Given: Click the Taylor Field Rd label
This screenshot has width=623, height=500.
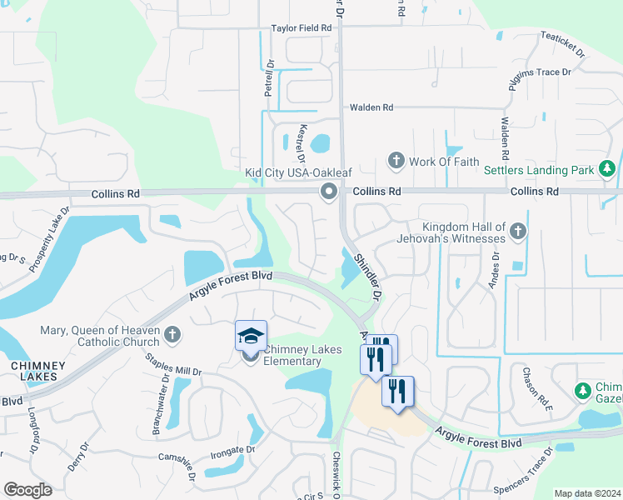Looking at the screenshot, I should click(x=301, y=27).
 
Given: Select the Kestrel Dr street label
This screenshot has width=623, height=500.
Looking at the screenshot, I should click(x=302, y=142).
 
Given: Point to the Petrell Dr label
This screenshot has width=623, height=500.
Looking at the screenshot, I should click(x=269, y=79).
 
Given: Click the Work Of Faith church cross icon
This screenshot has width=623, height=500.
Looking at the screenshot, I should click(x=396, y=159).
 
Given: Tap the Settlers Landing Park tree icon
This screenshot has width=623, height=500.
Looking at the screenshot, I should click(x=609, y=170).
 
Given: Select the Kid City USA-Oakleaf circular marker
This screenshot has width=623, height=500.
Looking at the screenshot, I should click(x=329, y=192).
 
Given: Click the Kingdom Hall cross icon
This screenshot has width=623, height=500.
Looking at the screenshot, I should click(x=518, y=230).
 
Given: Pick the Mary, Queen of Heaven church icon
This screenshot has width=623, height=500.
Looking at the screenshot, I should click(x=172, y=334).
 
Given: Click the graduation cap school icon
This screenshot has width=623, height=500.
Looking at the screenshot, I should click(x=251, y=335).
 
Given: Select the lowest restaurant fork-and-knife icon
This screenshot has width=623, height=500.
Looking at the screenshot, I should click(x=397, y=391).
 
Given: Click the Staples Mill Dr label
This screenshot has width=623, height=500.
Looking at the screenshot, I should click(x=173, y=365).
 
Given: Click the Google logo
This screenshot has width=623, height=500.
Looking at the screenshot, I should click(x=27, y=490).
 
